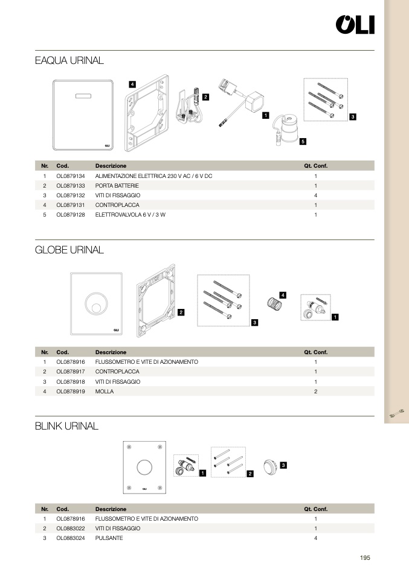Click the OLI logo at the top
point(355,25)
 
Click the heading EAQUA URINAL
point(69,60)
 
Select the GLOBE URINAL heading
point(69,249)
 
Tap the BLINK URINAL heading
point(66,426)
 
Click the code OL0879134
point(70,176)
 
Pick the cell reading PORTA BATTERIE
point(117,186)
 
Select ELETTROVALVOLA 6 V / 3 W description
point(130,215)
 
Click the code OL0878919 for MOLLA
point(70,392)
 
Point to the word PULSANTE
point(109,538)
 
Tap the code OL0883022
point(70,528)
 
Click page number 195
point(364,558)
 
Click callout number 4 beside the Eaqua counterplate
point(132,84)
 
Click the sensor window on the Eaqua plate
point(83,96)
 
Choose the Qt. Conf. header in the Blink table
point(315,509)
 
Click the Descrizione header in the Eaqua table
point(111,165)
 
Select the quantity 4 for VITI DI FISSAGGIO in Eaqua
point(315,195)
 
